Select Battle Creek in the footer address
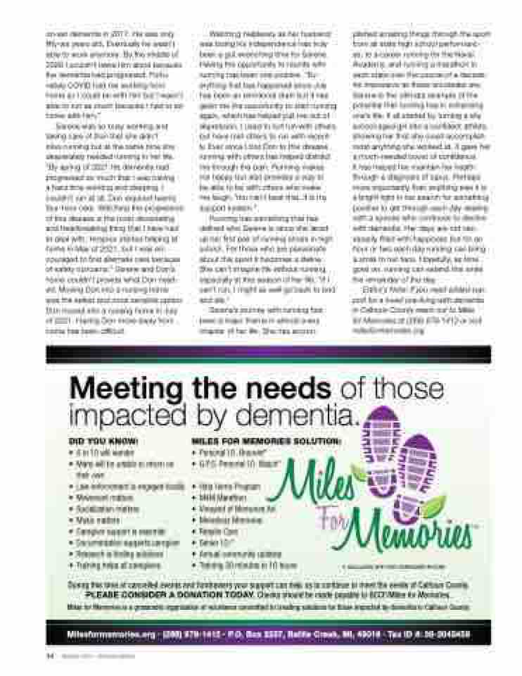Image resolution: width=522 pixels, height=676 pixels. tap(311, 634)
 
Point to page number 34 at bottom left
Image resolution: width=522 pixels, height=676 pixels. tap(50, 655)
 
